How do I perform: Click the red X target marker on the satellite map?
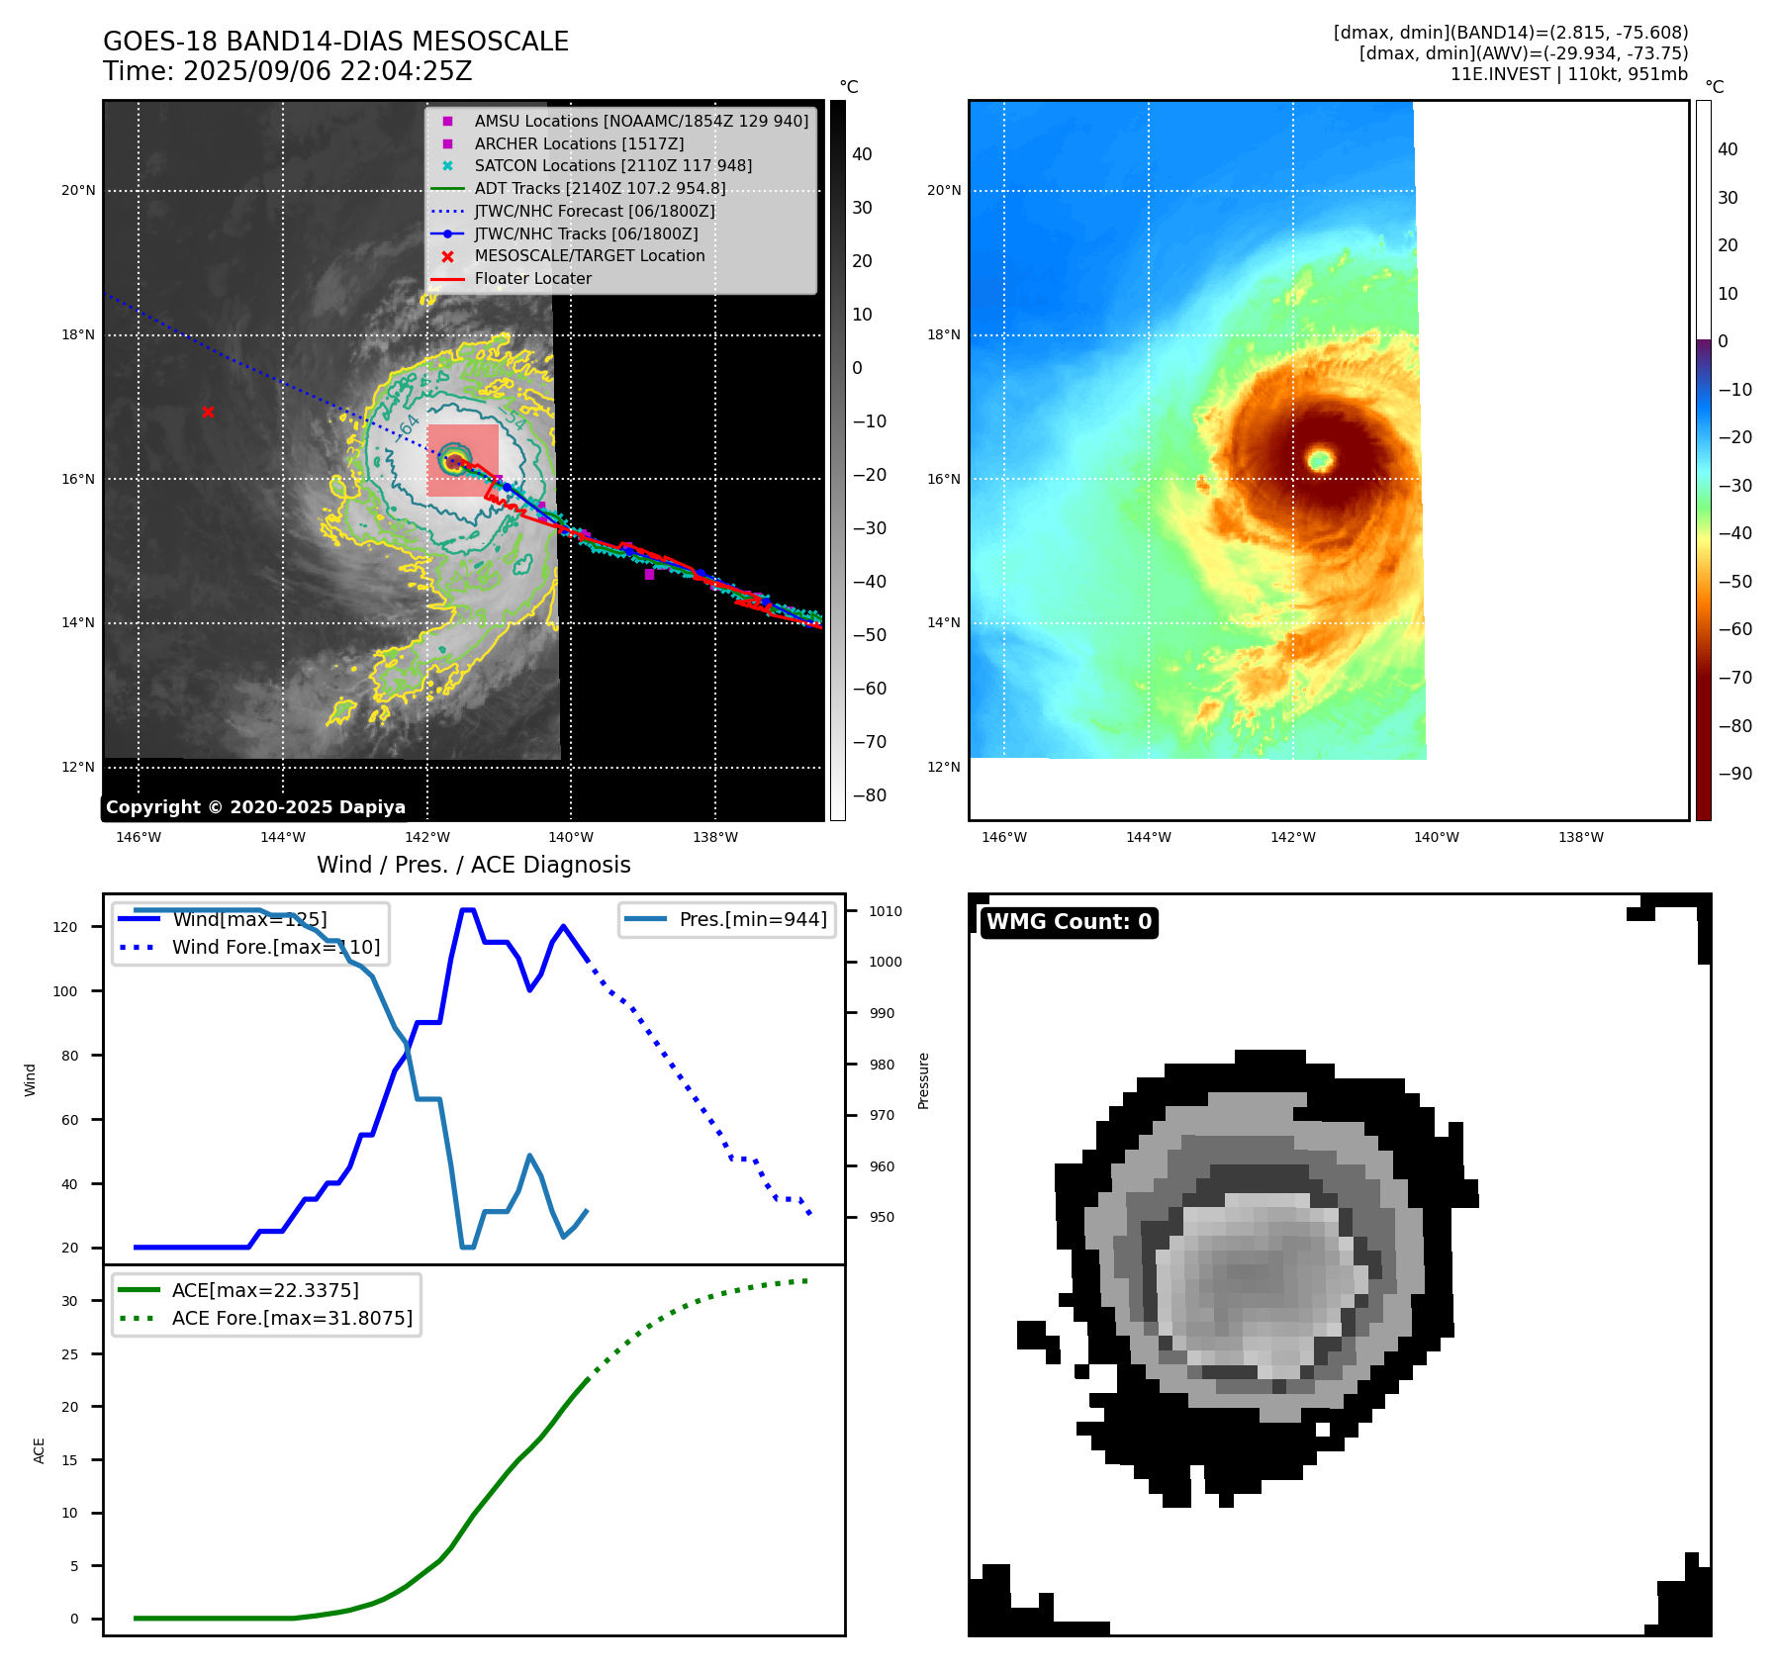[x=208, y=412]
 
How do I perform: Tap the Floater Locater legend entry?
[x=532, y=278]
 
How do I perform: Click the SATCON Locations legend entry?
[x=612, y=165]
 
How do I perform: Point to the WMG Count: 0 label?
[x=1069, y=922]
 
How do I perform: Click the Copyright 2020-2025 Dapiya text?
[x=255, y=807]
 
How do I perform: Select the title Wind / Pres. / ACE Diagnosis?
[x=473, y=865]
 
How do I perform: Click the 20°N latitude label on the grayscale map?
[x=79, y=191]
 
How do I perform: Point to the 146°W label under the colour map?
[x=1004, y=837]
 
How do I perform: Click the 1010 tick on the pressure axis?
[x=886, y=911]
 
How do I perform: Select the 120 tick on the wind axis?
[x=65, y=927]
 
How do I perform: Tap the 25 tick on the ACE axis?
[x=69, y=1354]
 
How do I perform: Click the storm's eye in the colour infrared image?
[x=1320, y=459]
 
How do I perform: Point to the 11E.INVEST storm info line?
[x=1568, y=74]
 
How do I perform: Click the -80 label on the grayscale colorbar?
[x=870, y=795]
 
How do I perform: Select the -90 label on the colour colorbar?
[x=1734, y=774]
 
